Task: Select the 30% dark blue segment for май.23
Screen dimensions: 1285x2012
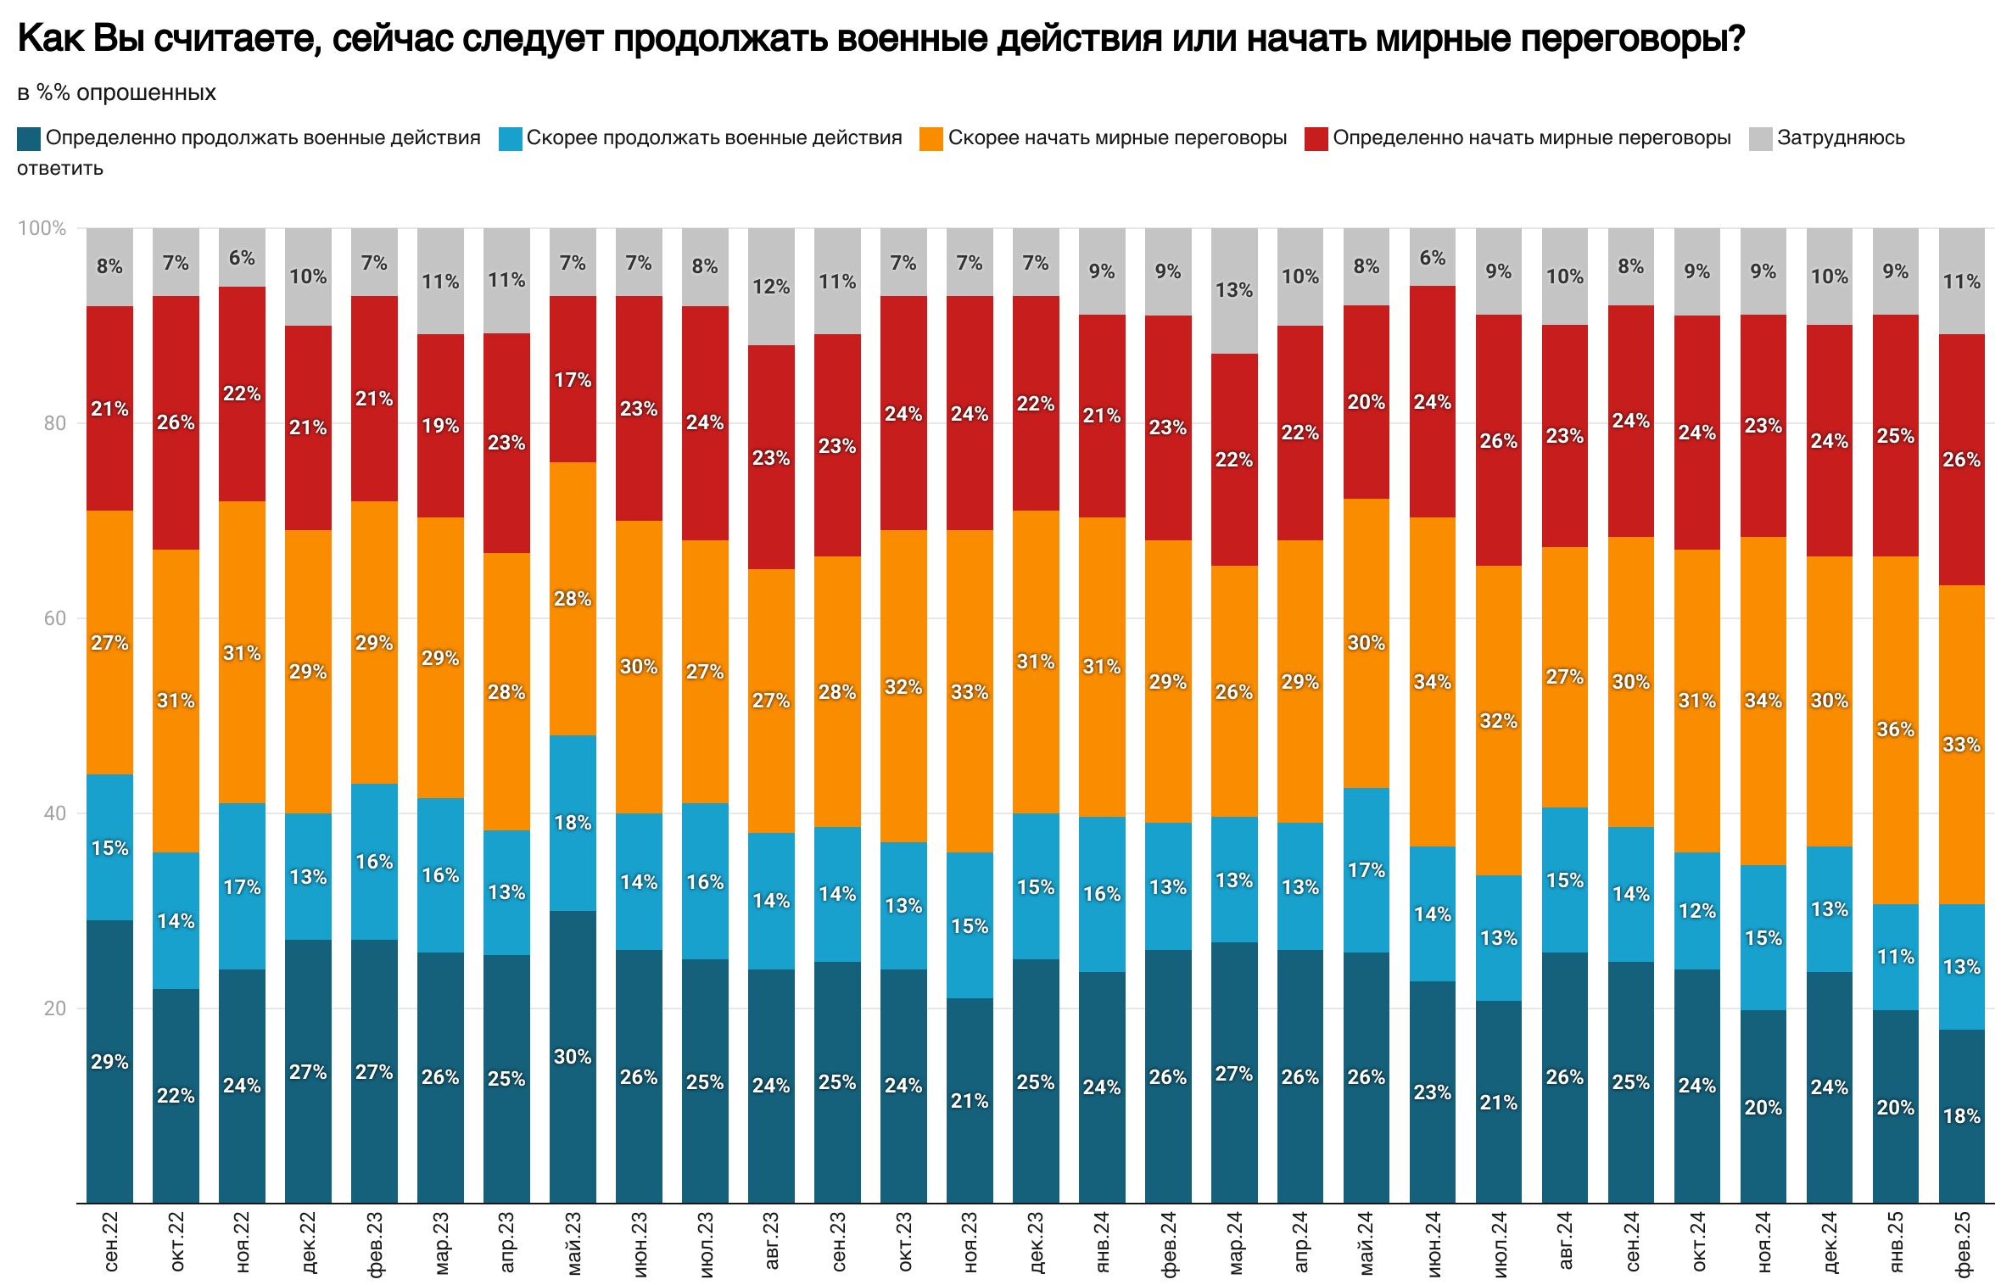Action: (x=573, y=1057)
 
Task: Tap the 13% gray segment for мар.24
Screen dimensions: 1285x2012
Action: (x=1234, y=290)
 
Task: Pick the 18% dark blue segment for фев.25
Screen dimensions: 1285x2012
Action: (x=1961, y=1116)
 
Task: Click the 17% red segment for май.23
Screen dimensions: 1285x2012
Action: (x=573, y=379)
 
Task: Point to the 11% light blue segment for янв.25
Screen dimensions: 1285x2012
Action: (x=1895, y=957)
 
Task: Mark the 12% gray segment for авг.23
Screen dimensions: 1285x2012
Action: (x=771, y=287)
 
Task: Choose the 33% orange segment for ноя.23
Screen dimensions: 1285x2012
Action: (x=970, y=691)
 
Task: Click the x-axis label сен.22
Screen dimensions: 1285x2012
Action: (x=110, y=1241)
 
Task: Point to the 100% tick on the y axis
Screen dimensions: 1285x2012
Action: (x=42, y=228)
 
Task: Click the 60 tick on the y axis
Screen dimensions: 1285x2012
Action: (x=54, y=618)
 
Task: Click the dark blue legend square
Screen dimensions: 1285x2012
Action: (x=29, y=139)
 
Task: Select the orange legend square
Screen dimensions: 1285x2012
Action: (x=931, y=139)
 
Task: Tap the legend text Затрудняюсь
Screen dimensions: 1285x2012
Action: (x=1841, y=138)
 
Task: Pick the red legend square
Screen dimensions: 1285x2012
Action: (x=1316, y=139)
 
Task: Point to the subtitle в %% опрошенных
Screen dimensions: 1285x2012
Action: (x=116, y=92)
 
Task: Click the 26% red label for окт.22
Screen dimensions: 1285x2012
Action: (x=176, y=422)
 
